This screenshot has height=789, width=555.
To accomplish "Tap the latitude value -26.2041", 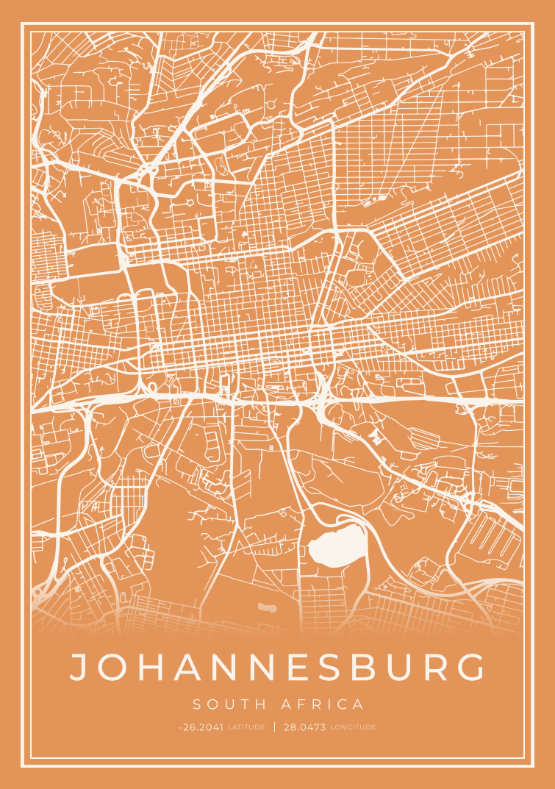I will [201, 727].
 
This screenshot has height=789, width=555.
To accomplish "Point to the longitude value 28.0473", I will [304, 727].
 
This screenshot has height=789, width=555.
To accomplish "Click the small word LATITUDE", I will [247, 727].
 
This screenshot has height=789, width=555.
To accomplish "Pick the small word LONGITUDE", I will [353, 727].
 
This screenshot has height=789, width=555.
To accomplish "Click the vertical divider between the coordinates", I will [275, 727].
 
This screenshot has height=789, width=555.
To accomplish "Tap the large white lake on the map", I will [337, 548].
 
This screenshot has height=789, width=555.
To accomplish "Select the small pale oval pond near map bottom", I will [267, 607].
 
